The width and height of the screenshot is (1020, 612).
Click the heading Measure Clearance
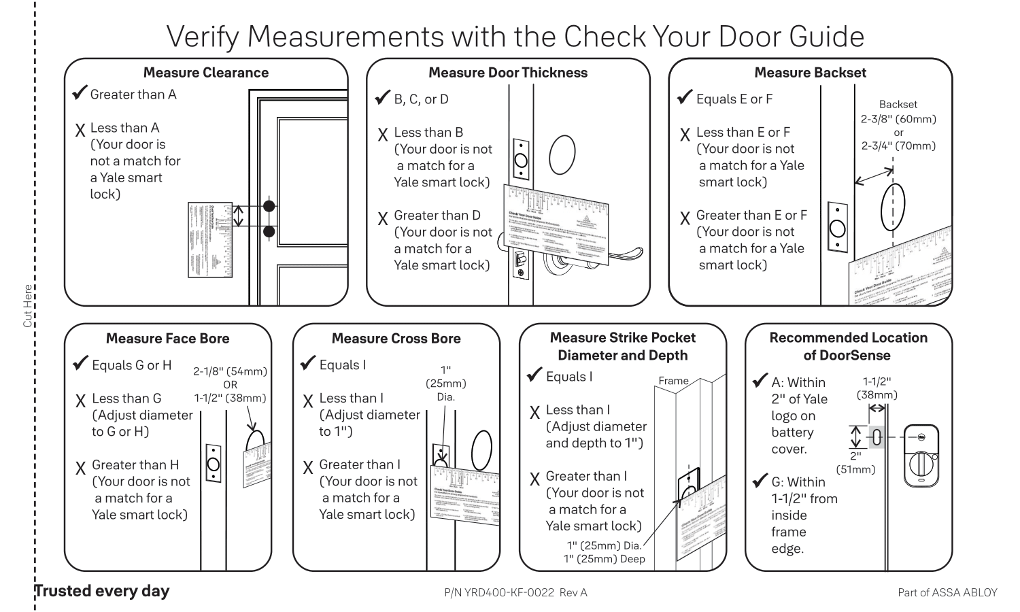point(206,73)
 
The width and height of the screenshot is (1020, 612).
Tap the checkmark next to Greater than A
point(80,93)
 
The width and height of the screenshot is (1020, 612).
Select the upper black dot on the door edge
point(269,206)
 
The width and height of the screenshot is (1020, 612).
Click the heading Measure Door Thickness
point(507,73)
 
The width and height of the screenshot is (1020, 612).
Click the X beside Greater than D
point(384,219)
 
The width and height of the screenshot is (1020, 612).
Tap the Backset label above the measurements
point(898,105)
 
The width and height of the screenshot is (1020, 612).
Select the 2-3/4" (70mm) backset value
point(898,146)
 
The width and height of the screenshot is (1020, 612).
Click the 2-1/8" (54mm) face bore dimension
point(230,371)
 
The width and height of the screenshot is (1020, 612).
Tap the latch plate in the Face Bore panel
point(214,463)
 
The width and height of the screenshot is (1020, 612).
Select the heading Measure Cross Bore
point(396,339)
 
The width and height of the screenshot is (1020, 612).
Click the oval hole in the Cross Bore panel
point(481,449)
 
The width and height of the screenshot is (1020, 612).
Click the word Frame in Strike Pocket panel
point(673,381)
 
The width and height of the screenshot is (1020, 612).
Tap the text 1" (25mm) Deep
point(604,559)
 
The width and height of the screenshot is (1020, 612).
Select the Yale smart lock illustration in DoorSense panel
point(921,456)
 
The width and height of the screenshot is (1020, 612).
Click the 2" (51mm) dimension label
point(855,462)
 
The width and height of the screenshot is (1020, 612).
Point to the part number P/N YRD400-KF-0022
point(515,592)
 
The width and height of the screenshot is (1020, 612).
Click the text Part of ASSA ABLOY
point(947,592)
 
